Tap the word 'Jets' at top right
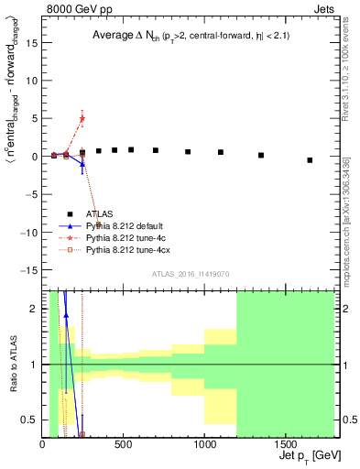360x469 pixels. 325,7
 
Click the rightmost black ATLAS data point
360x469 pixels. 310,160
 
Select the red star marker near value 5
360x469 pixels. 82,118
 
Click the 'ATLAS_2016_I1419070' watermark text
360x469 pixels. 191,274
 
